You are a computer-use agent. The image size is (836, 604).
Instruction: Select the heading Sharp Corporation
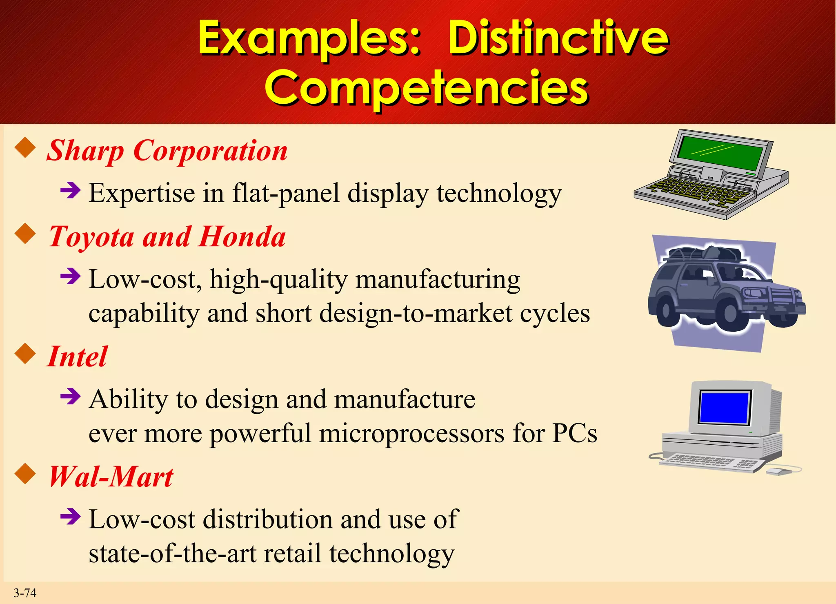coord(167,151)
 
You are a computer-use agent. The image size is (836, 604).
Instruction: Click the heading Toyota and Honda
coord(167,237)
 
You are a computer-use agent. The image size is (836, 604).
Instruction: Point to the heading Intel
coord(78,357)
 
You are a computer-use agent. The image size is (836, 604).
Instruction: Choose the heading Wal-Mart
coord(111,477)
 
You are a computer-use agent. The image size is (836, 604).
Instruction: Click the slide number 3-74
coord(25,593)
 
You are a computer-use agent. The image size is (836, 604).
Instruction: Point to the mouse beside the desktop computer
coord(778,472)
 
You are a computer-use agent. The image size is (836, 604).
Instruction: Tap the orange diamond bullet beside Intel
coord(26,354)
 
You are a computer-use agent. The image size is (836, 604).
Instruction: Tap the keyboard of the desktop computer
coord(710,464)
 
